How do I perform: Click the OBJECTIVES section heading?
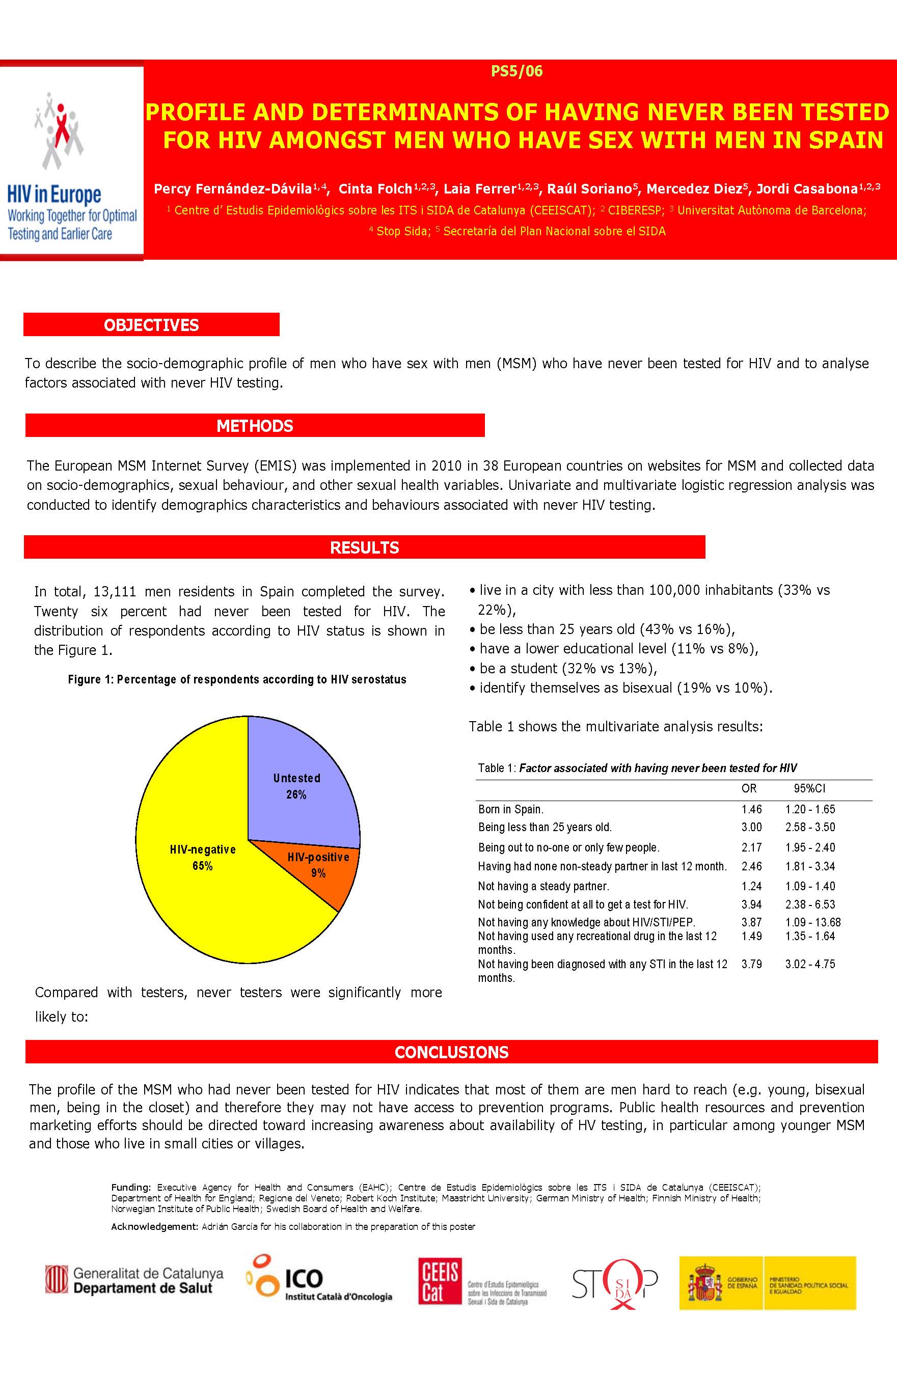pos(151,325)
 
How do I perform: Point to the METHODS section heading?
pos(255,426)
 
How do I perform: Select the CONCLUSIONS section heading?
pos(451,1052)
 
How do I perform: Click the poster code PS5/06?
pos(517,71)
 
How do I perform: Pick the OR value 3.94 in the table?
pos(751,904)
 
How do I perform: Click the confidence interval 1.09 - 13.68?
pos(812,922)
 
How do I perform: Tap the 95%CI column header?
pos(809,788)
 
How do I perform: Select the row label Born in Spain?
pos(511,809)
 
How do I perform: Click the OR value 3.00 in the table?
pos(751,827)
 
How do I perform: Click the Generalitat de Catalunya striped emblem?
pos(57,1279)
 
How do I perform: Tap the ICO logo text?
pos(304,1278)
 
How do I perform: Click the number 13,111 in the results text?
pos(114,592)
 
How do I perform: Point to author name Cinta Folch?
pos(375,188)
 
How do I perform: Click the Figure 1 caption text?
pos(237,679)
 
